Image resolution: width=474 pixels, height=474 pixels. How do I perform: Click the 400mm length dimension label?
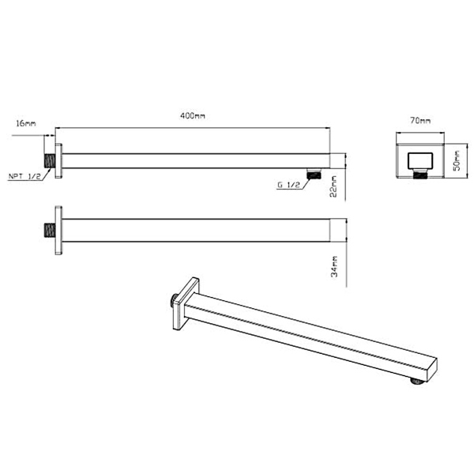pos(193,116)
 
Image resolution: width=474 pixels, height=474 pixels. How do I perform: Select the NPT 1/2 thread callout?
pos(24,176)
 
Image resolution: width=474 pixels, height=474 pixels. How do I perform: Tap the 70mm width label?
pos(420,121)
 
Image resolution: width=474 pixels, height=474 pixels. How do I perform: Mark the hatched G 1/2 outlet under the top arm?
pos(314,172)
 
